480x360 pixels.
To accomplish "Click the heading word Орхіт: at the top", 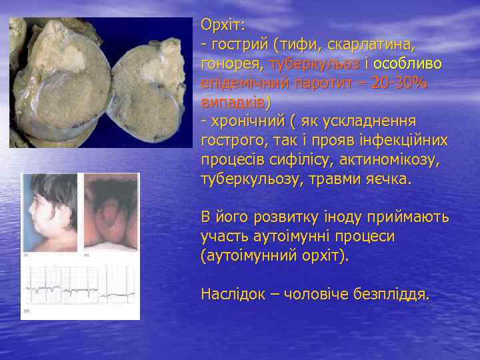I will pyautogui.click(x=223, y=25).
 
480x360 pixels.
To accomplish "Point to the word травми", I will pyautogui.click(x=340, y=180).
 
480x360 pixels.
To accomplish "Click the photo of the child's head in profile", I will pyautogui.click(x=49, y=213).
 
